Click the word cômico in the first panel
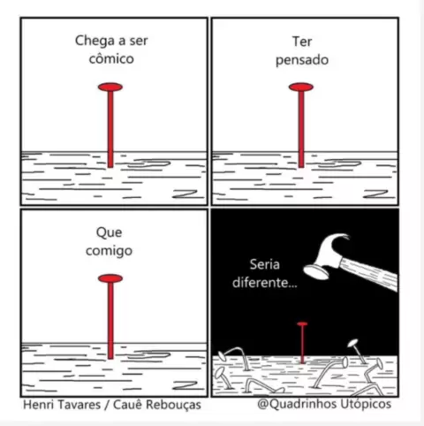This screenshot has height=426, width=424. (x=111, y=58)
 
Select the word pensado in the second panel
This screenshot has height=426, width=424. (x=302, y=60)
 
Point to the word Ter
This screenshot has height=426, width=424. (x=302, y=42)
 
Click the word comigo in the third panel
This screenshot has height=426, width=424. (x=109, y=251)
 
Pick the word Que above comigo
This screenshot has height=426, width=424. (x=109, y=232)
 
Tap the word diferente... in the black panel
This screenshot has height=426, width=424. (x=265, y=283)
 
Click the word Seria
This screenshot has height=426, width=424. (x=265, y=264)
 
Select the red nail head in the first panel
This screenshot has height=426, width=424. (x=110, y=87)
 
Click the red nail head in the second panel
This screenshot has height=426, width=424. (x=301, y=87)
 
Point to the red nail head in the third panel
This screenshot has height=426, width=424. (x=110, y=278)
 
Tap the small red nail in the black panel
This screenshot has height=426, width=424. (x=302, y=343)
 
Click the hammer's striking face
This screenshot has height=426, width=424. (x=316, y=271)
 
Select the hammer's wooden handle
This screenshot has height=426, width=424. (x=369, y=274)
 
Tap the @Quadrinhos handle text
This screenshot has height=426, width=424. (x=297, y=404)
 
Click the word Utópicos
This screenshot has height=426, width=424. (x=366, y=404)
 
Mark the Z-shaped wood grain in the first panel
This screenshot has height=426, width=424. (x=185, y=194)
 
